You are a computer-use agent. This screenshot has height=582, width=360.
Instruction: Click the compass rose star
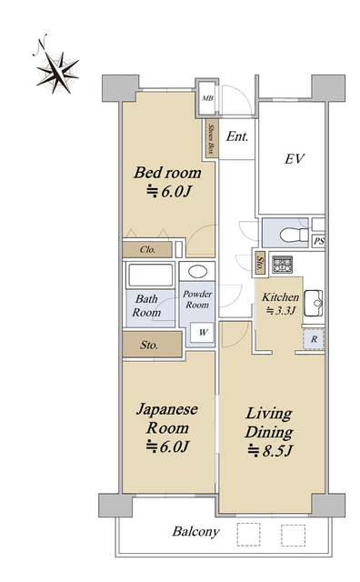[58, 72]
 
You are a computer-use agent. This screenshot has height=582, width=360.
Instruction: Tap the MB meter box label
[207, 98]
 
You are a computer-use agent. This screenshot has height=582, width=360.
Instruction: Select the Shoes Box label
[212, 139]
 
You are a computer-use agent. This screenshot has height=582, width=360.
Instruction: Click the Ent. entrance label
[237, 136]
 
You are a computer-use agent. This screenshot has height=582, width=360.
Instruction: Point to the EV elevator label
[295, 159]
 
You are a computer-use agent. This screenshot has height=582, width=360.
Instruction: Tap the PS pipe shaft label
[319, 241]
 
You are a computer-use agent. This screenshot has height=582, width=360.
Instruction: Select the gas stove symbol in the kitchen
[282, 265]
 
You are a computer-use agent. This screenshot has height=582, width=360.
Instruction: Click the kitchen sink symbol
[314, 303]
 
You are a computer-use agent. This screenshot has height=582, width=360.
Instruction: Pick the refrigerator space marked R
[314, 339]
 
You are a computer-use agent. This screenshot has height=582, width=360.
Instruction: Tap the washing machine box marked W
[203, 332]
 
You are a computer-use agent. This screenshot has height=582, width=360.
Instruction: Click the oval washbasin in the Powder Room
[197, 271]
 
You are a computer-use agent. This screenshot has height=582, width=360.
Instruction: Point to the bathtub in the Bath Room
[150, 275]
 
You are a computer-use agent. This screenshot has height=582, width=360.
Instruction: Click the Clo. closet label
[147, 249]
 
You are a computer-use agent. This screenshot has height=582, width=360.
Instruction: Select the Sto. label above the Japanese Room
[149, 346]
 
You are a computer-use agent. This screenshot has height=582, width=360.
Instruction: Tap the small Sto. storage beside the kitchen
[261, 264]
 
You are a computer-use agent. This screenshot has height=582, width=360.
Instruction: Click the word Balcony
[196, 531]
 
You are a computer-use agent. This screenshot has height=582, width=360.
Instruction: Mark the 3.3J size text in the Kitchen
[281, 310]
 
